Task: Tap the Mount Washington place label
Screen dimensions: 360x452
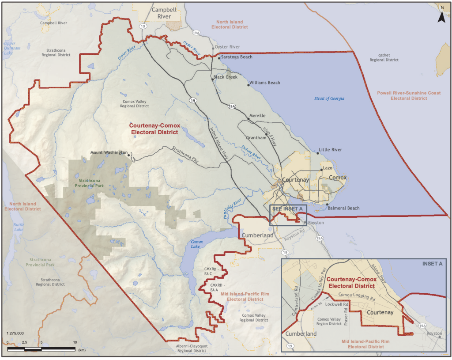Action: pyautogui.click(x=109, y=153)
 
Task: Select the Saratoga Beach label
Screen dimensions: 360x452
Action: pyautogui.click(x=237, y=57)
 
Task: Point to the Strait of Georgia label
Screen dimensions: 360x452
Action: pyautogui.click(x=329, y=98)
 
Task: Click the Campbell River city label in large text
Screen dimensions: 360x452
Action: pyautogui.click(x=161, y=13)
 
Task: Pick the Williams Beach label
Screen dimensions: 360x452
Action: pyautogui.click(x=264, y=83)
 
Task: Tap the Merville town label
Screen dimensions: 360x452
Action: pyautogui.click(x=257, y=116)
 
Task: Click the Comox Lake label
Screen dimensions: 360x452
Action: pyautogui.click(x=196, y=245)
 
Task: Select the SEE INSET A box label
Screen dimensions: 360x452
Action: pyautogui.click(x=287, y=208)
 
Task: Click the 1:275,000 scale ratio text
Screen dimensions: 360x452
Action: pyautogui.click(x=15, y=333)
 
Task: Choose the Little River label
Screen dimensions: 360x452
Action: pyautogui.click(x=331, y=150)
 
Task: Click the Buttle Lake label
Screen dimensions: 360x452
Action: pyautogui.click(x=19, y=227)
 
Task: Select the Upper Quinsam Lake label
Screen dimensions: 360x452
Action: pyautogui.click(x=10, y=48)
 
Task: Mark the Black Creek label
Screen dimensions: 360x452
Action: pyautogui.click(x=225, y=77)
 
